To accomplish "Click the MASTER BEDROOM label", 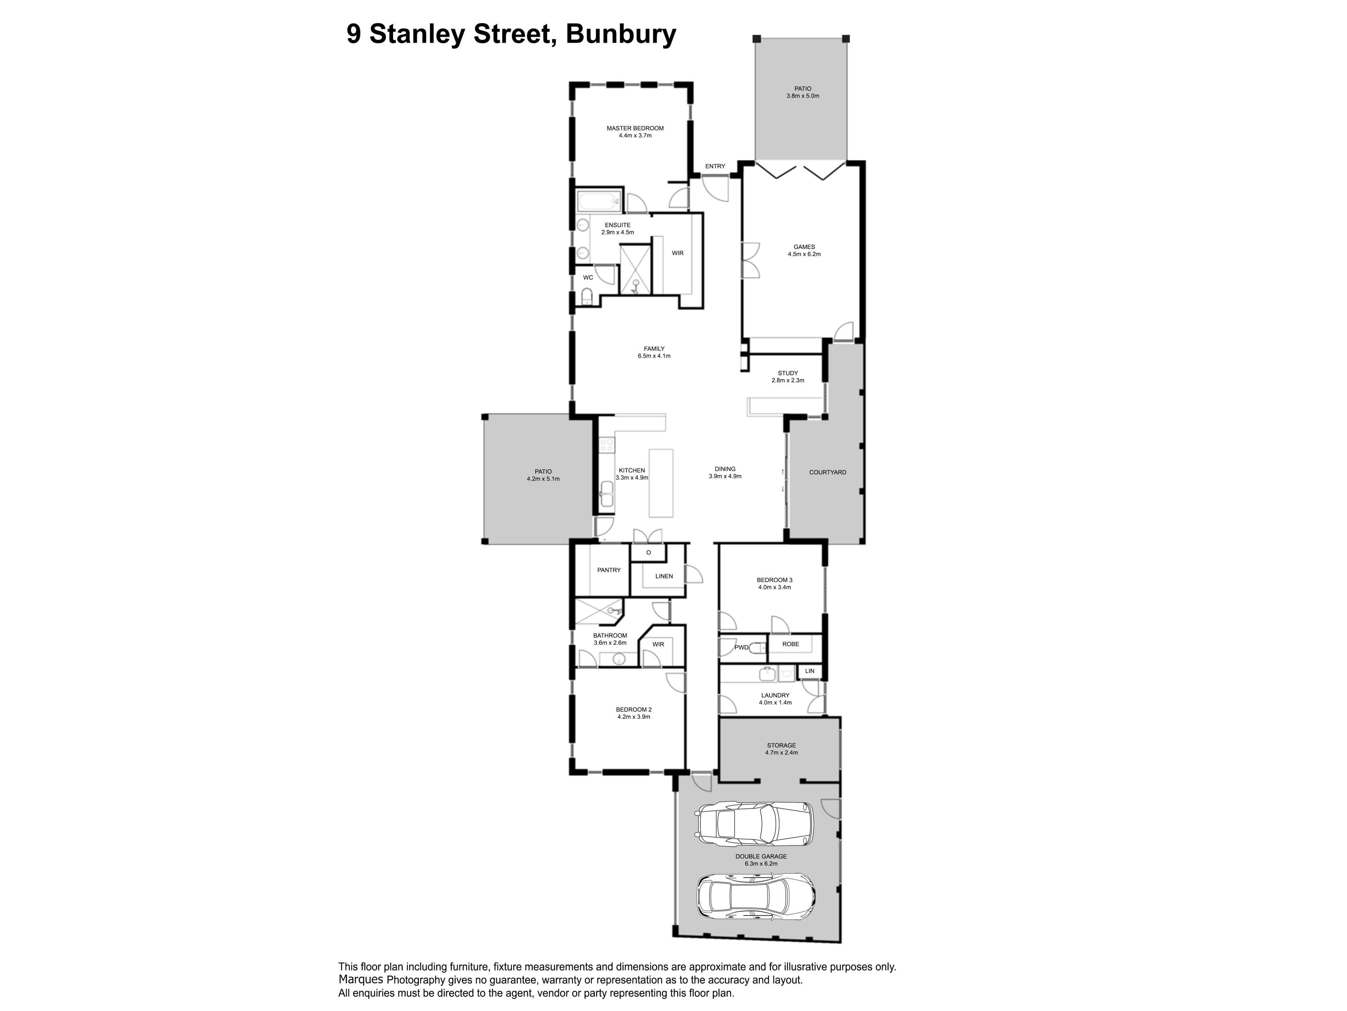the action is coord(635,128).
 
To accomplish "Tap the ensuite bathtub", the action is coord(598,200).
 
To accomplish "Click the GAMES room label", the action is coord(804,247).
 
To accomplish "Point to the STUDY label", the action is coord(788,373).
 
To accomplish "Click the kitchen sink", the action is coord(607,494).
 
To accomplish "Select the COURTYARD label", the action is coord(827,472).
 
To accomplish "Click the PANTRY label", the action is coord(609,570).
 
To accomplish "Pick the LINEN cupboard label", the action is coord(664,576).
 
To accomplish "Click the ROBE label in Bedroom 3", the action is coord(790,644).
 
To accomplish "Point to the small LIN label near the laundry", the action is coord(809,671).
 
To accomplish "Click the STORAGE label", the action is coord(781,745).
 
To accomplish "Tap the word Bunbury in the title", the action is coord(621,34).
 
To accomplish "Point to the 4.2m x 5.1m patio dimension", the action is coord(543,479).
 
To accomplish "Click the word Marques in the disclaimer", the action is coord(361,980).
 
